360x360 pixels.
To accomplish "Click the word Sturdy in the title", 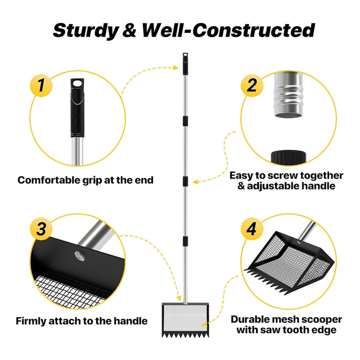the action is pos(86,30).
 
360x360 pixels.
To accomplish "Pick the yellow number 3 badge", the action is pos(41,229).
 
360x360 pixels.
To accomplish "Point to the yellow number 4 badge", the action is pos(252,229).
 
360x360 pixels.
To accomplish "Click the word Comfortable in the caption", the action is pos(49,180).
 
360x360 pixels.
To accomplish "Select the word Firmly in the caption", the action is pos(31,321).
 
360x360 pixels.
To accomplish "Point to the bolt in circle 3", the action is pos(80,256).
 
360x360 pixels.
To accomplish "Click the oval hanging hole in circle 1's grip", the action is pos(77,84).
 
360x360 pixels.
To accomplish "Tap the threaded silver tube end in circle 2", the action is pos(288,94).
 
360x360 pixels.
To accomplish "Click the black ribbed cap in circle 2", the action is pos(288,157).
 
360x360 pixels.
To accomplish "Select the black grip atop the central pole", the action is pos(185,64).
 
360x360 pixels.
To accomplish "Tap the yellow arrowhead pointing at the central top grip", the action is pos(176,68).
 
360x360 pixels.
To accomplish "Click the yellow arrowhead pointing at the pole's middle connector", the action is pos(195,182).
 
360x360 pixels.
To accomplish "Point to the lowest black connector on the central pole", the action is pos(185,241).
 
